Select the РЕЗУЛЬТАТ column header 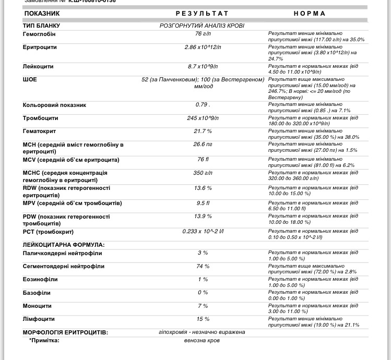(202, 14)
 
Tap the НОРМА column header (310, 14)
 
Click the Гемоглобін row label (39, 34)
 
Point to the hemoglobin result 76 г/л (203, 34)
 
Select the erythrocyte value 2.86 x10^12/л (203, 47)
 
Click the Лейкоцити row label (38, 67)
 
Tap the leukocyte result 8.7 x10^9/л (203, 67)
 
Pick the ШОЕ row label (30, 80)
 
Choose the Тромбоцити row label (40, 118)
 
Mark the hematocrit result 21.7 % (203, 131)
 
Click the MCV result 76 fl (203, 160)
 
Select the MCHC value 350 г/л (203, 173)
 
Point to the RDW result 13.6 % (203, 188)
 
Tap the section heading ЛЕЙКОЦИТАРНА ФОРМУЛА (64, 245)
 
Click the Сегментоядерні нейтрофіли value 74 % (203, 266)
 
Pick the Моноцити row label (37, 306)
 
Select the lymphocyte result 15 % (203, 319)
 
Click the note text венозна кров (202, 340)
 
